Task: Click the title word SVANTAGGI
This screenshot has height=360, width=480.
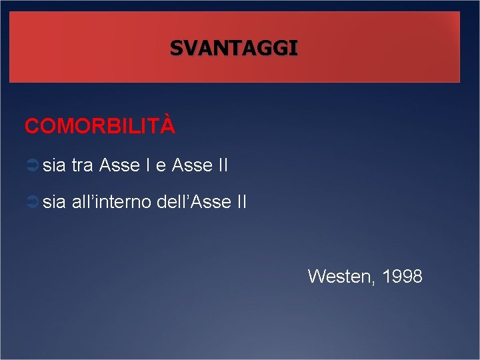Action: click(x=233, y=48)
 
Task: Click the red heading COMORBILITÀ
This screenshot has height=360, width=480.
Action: click(x=100, y=126)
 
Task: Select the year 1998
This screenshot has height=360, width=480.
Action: click(x=401, y=276)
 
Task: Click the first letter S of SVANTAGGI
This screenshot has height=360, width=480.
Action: click(x=175, y=48)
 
